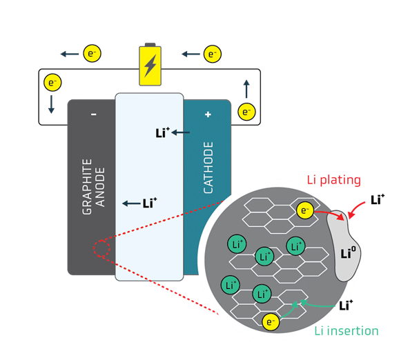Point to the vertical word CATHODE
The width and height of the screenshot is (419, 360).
(x=208, y=168)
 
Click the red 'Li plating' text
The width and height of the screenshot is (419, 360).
(x=333, y=181)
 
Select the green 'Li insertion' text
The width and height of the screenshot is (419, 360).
(x=347, y=331)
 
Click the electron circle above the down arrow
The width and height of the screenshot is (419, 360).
(x=52, y=83)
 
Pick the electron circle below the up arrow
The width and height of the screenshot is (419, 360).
(x=246, y=111)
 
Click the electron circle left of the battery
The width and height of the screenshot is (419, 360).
(x=92, y=52)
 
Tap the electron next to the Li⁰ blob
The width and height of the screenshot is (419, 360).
(x=304, y=210)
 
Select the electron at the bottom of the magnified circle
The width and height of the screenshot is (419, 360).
(x=271, y=321)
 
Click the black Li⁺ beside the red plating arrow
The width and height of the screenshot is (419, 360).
(x=377, y=200)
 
